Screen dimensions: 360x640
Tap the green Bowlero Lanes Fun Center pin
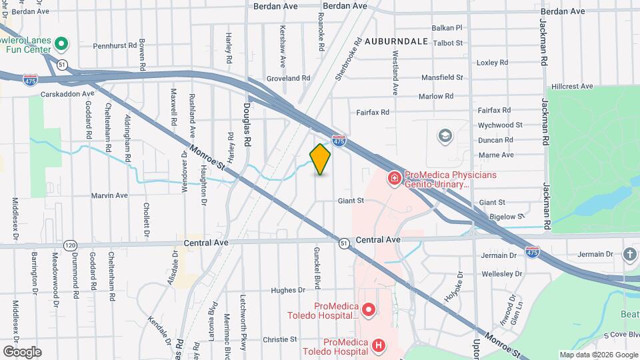(x=61, y=45)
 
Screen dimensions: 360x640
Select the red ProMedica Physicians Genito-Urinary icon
(x=394, y=178)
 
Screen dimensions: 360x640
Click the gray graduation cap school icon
(x=444, y=137)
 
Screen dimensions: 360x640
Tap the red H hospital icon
(x=379, y=345)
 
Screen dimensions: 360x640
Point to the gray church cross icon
(x=630, y=254)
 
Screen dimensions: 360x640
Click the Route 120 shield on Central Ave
(x=70, y=245)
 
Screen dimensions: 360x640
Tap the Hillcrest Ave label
(x=572, y=87)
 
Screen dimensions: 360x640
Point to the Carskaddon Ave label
(x=68, y=95)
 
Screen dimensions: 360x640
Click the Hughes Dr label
(x=288, y=290)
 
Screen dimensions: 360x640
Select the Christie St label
(x=279, y=339)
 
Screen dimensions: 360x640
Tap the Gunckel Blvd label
(x=317, y=266)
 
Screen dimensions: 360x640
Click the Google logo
(x=22, y=351)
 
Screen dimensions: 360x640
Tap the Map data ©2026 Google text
(x=597, y=355)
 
